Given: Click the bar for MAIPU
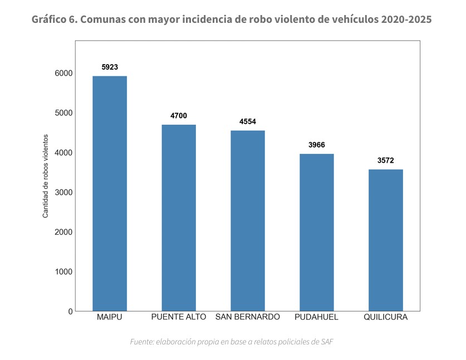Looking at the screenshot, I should (110, 193).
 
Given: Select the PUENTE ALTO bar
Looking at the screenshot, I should (179, 217).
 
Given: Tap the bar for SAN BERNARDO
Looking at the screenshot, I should (248, 221).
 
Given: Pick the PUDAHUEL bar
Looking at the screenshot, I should (317, 232).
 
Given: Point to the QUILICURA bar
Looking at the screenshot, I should (386, 240).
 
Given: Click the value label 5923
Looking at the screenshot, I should (110, 67).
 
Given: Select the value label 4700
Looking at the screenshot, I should (179, 115).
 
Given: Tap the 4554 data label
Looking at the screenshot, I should (248, 121).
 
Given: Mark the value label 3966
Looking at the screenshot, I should (317, 145).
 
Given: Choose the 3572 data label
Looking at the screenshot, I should (386, 160).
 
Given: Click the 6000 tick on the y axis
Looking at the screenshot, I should (63, 73).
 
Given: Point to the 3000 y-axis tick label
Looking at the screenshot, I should (63, 192).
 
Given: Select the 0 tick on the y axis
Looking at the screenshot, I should (71, 312).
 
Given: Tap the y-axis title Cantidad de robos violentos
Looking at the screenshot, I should (46, 176).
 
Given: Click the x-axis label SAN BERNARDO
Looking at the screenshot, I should (248, 317).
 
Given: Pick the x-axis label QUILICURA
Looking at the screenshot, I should (386, 317).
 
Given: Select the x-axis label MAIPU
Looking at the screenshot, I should (110, 317).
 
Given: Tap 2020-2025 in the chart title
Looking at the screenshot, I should (407, 20).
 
